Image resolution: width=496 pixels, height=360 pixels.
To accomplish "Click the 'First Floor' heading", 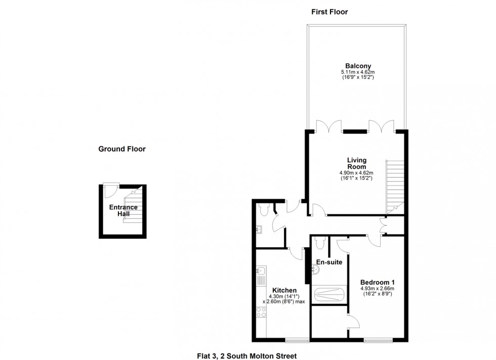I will click(x=329, y=12).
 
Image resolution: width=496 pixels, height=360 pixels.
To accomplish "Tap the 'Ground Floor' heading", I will click(x=122, y=149).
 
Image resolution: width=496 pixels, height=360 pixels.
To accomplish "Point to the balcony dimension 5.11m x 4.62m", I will click(x=358, y=73).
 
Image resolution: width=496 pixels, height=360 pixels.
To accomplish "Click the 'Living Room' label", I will click(x=356, y=164).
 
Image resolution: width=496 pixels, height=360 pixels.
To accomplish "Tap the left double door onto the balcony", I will click(x=323, y=126).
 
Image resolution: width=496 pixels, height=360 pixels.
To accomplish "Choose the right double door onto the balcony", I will click(x=381, y=126).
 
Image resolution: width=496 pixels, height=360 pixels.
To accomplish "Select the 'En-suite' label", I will click(x=329, y=262).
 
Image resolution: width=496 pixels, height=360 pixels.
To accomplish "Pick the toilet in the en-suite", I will click(x=318, y=244).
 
